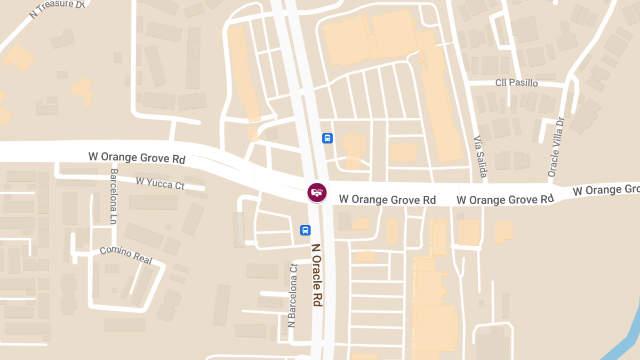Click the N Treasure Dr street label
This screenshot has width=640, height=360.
click(57, 9)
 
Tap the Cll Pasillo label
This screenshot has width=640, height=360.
click(516, 83)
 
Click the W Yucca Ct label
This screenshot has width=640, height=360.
click(160, 183)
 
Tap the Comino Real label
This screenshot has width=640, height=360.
click(126, 255)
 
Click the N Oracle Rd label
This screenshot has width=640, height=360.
click(317, 275)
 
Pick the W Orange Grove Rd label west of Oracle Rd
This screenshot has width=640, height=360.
click(137, 158)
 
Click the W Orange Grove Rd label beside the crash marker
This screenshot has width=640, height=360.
click(387, 199)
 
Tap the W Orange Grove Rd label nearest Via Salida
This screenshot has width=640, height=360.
click(505, 199)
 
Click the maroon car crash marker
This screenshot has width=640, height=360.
click(317, 192)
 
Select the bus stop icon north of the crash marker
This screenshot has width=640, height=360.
click(327, 138)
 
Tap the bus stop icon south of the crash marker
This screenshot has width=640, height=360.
click(306, 230)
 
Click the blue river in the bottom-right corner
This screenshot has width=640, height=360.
click(624, 336)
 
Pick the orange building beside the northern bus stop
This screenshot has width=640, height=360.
click(354, 150)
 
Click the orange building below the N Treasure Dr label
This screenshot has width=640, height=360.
click(20, 58)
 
